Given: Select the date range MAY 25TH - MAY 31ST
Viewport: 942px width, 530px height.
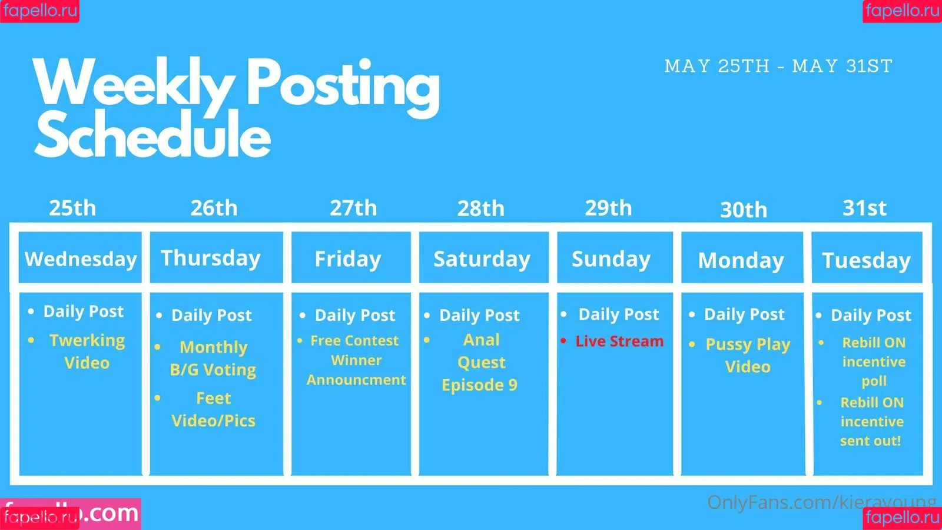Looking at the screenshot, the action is (778, 66).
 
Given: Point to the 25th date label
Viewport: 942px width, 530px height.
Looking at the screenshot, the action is (72, 208).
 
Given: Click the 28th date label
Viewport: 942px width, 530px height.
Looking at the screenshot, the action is (480, 208).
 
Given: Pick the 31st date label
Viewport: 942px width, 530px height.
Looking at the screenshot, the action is (865, 208).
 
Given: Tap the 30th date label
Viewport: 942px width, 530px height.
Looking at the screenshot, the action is (744, 210).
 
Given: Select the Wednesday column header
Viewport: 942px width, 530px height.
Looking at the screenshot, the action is (80, 257).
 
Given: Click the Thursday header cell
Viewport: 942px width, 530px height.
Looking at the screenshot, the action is (216, 257).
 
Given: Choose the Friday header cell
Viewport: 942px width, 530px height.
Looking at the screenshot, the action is (351, 257).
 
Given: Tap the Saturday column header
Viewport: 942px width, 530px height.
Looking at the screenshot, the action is (483, 257).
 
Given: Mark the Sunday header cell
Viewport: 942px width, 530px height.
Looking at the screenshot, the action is (615, 257).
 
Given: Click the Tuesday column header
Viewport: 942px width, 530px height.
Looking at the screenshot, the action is (867, 257).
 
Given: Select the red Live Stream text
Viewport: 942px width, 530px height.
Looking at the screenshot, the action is (619, 341).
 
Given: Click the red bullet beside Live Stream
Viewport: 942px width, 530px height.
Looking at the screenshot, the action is (563, 340).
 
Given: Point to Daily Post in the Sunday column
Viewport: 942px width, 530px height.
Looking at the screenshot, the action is (619, 314).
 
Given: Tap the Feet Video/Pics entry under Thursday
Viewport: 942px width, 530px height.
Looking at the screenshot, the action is (213, 409).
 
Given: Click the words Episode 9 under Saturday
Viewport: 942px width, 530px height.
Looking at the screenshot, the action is (479, 385).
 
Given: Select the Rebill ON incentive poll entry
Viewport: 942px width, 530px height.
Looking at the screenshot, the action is (874, 362).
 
